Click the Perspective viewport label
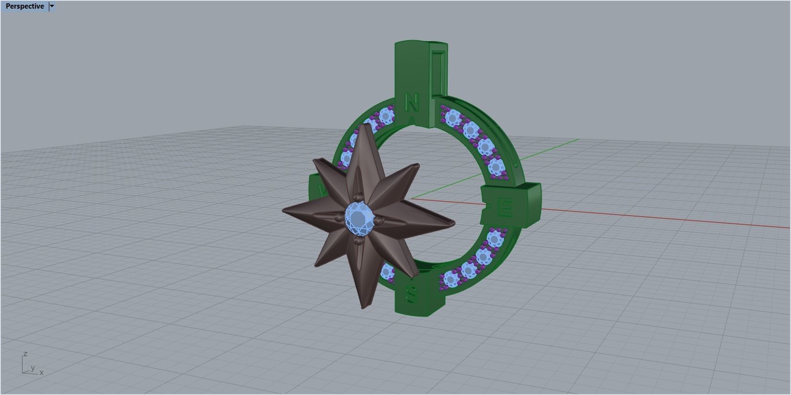click(24, 6)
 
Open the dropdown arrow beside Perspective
click(52, 6)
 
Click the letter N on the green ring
click(411, 102)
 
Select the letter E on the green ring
click(506, 208)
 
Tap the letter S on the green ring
click(411, 294)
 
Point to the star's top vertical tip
click(365, 125)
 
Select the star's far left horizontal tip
click(284, 211)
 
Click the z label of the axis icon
click(25, 354)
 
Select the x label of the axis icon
click(42, 373)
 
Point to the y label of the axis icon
click(33, 368)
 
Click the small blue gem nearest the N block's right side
click(452, 117)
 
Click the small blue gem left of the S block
click(387, 273)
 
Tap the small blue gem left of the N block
click(385, 116)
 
